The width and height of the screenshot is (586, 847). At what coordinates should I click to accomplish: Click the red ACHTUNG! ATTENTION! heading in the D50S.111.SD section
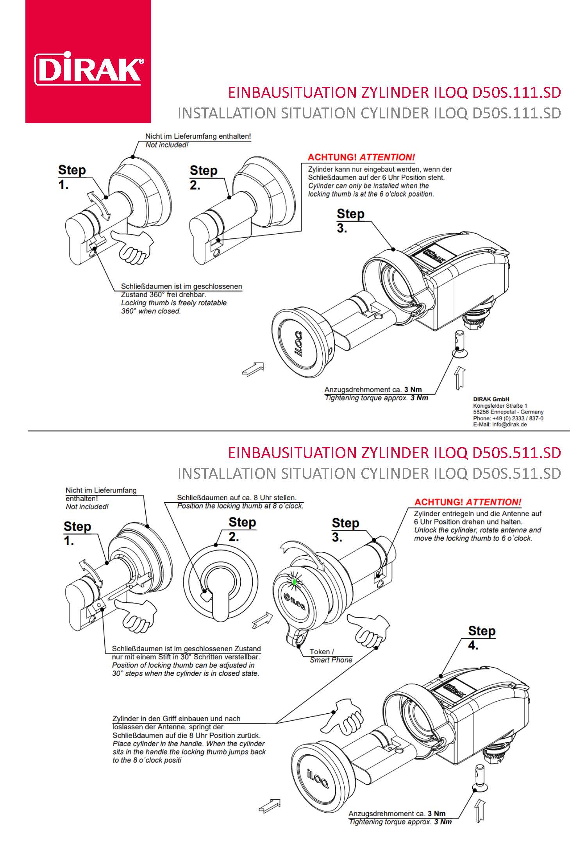click(361, 158)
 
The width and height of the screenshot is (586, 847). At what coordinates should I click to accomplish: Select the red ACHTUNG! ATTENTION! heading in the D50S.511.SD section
click(468, 502)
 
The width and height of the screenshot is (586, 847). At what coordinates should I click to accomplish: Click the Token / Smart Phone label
click(331, 655)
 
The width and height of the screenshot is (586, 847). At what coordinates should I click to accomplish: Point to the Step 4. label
click(481, 637)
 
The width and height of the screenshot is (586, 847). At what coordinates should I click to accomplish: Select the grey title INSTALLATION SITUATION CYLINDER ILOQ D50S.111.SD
click(369, 113)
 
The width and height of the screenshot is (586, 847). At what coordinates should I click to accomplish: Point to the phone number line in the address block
click(508, 418)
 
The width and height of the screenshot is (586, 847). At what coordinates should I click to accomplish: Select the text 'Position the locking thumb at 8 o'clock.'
click(240, 506)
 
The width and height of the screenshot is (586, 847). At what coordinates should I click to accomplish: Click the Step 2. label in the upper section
click(203, 177)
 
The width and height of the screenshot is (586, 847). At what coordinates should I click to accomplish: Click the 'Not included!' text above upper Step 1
click(167, 145)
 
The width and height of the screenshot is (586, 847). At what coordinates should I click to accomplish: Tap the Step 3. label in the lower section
click(345, 530)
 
